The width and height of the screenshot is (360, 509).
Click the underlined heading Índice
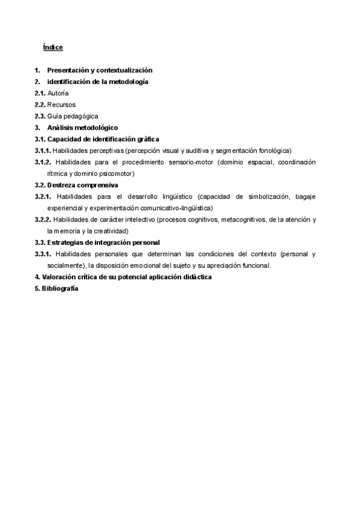53,47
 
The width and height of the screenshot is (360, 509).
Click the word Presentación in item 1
69,70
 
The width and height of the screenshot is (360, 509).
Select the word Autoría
58,93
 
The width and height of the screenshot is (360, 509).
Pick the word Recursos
62,104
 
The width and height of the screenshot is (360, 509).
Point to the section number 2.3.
40,116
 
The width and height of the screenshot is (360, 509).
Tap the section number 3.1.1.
43,151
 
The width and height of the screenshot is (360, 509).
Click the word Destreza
62,185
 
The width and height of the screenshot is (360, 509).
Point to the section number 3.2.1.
43,196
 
